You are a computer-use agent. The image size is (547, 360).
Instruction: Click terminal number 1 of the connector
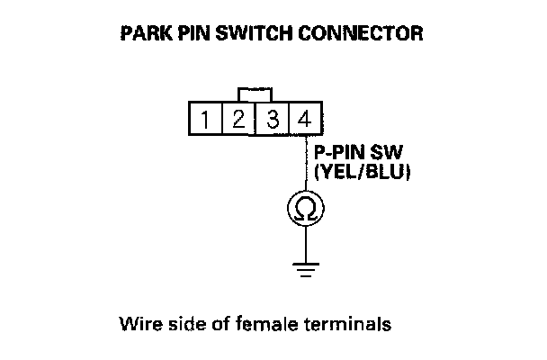(207, 119)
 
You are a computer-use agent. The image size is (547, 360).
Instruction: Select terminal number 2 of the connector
(238, 119)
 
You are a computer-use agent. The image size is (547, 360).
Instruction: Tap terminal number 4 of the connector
(304, 119)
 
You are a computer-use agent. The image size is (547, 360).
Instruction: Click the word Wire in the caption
(136, 323)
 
